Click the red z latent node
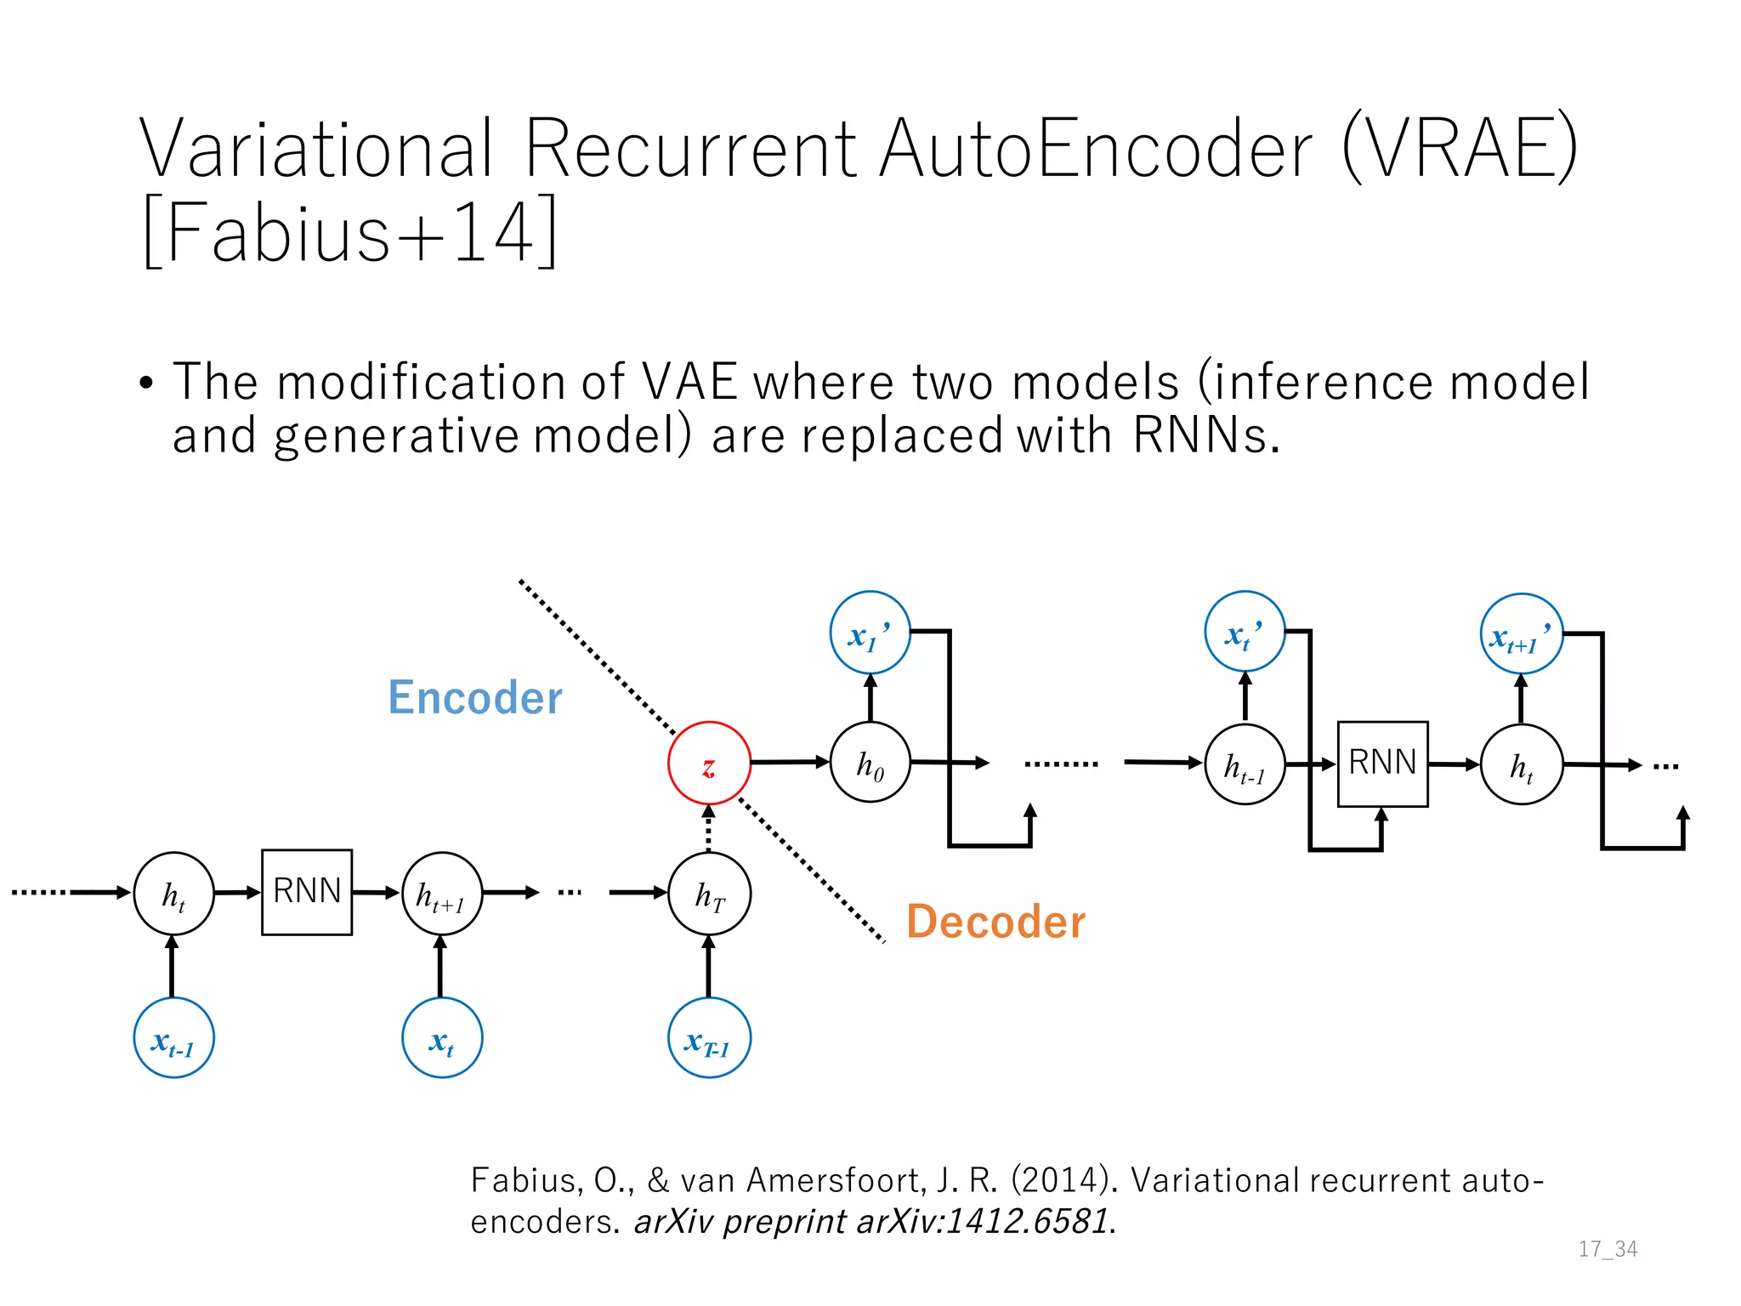click(709, 764)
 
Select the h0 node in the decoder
click(870, 764)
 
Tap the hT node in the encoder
click(709, 894)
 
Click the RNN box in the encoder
click(307, 892)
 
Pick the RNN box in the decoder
click(1382, 764)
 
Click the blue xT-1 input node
click(709, 1038)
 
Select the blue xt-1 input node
click(173, 1038)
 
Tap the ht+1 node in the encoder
click(441, 894)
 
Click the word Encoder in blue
click(474, 698)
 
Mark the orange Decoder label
click(995, 922)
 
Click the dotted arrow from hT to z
click(709, 829)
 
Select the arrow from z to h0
click(789, 763)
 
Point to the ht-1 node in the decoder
click(1245, 765)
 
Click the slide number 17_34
click(1608, 1249)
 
